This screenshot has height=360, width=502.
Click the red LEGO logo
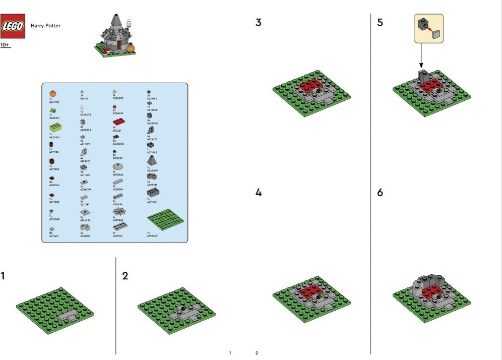pos(12,26)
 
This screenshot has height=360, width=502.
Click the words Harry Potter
pos(45,26)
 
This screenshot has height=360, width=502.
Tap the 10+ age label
pos(5,45)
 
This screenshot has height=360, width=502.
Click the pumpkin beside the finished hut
pos(131,48)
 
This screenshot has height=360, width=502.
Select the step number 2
pos(126,276)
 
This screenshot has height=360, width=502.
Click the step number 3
pos(259,23)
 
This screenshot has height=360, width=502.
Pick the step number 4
pos(259,193)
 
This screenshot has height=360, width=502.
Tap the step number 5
pos(380,23)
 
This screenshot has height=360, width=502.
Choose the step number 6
pos(380,193)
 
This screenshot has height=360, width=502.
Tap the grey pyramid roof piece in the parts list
pos(150,161)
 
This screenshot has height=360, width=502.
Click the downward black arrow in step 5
pos(421,55)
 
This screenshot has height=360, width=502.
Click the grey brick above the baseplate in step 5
pos(422,76)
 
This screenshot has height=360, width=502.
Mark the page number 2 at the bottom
pos(257,353)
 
